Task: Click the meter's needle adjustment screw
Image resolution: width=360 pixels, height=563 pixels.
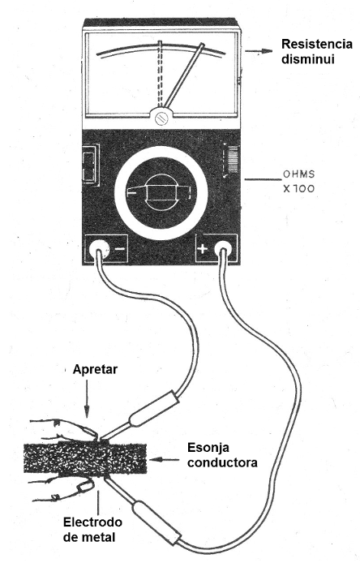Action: click(162, 118)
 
